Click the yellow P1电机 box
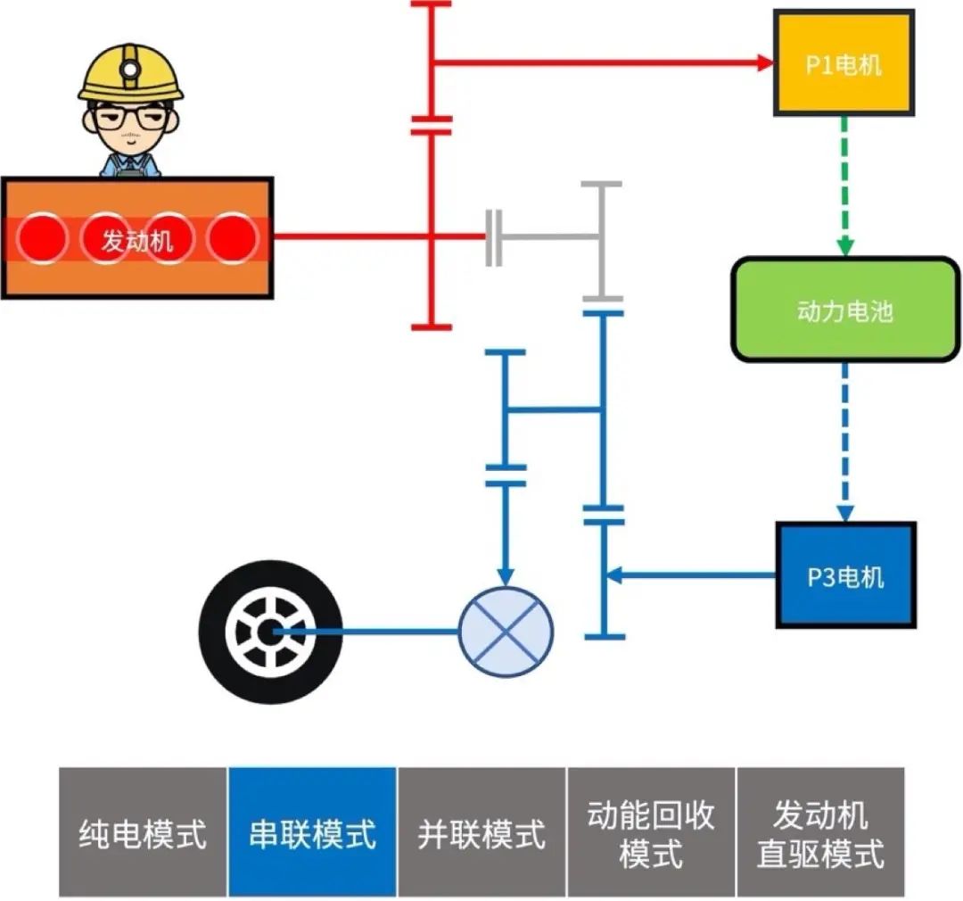click(x=843, y=63)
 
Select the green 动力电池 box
click(x=844, y=310)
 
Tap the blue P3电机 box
click(x=845, y=575)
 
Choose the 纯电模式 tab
click(x=143, y=831)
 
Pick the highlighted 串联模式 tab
click(x=312, y=831)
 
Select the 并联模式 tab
click(x=481, y=831)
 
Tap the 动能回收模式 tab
click(x=651, y=831)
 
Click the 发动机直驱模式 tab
click(x=820, y=831)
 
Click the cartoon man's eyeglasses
click(x=130, y=116)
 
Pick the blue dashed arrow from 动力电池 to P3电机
click(x=844, y=442)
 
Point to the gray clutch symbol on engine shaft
click(x=494, y=238)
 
